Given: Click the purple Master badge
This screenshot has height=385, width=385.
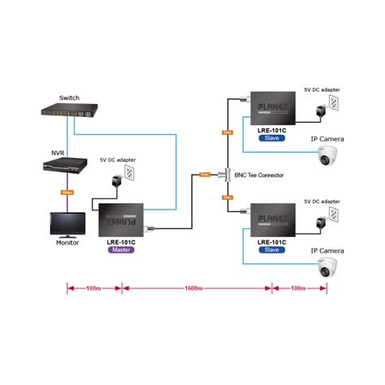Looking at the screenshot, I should pos(120,250).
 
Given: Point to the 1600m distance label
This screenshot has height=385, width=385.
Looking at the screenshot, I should pos(196,288).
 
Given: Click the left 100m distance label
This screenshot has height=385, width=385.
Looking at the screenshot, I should pos(93,288).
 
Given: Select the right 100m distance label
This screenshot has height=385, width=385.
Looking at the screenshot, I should pos(299,288).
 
